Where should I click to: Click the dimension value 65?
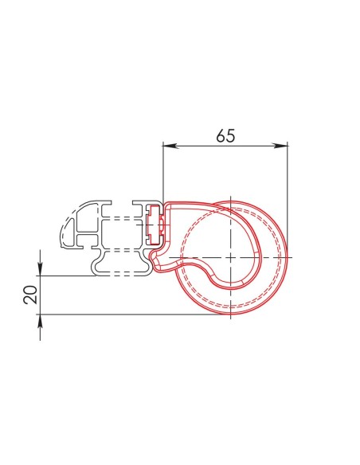tap(225, 135)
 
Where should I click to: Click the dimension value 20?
tap(31, 295)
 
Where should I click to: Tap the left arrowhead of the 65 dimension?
tap(170, 145)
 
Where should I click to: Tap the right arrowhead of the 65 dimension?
tap(280, 145)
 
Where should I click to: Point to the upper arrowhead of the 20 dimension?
tap(41, 268)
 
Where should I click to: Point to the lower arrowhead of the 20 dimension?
tap(41, 322)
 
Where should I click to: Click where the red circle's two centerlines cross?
tap(230, 257)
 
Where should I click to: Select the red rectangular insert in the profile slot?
tap(155, 225)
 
